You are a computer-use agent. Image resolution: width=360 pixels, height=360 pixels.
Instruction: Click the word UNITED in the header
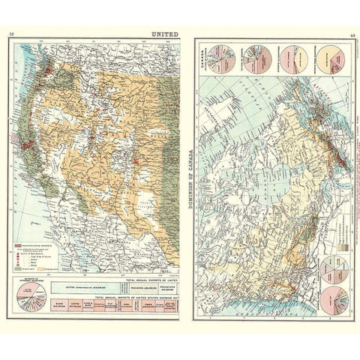[164, 35]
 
